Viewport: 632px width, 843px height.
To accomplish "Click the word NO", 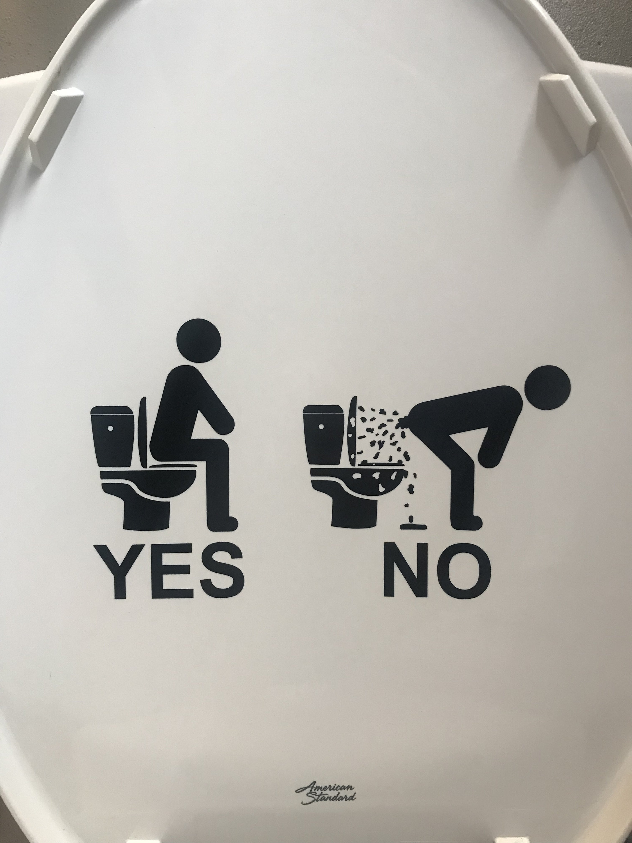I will tap(436, 570).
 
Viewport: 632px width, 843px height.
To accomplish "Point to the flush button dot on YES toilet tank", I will tap(110, 428).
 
